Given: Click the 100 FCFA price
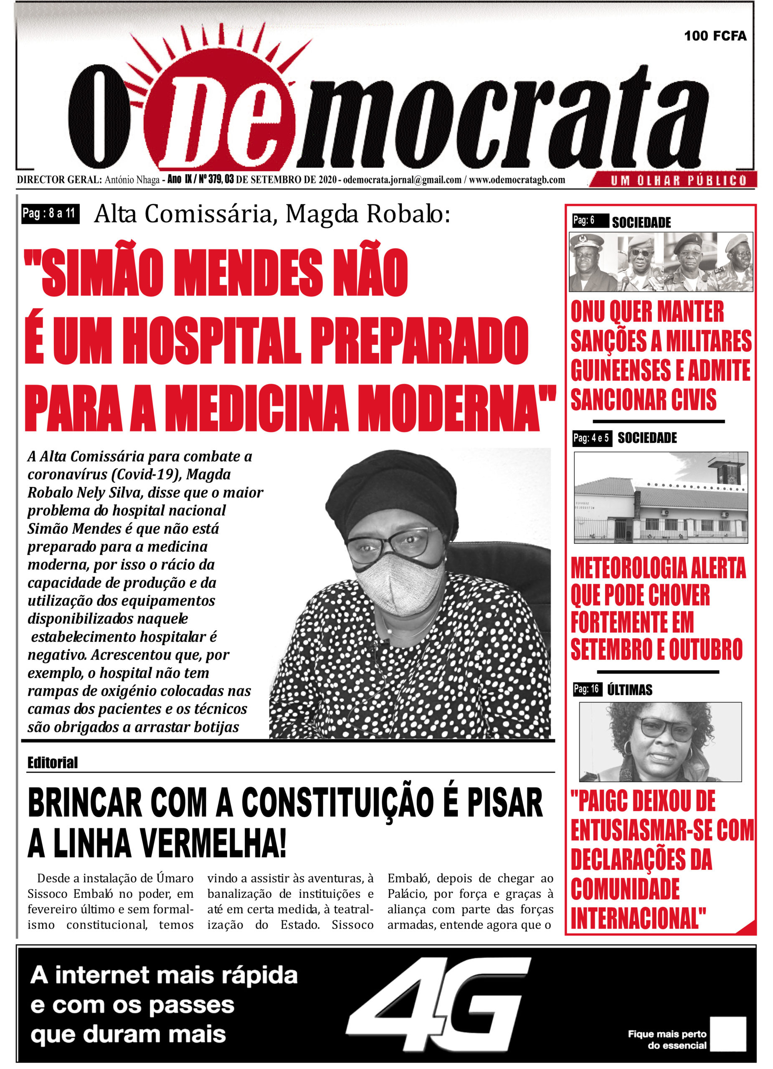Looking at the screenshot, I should [715, 36].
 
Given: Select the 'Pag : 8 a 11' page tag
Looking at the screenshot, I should [50, 214].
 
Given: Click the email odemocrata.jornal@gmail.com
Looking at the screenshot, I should [402, 180].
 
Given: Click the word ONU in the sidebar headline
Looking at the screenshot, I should [587, 312].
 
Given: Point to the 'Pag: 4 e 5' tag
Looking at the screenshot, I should [591, 438].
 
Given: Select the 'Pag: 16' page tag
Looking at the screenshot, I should [586, 689].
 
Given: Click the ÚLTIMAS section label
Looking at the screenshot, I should [629, 690].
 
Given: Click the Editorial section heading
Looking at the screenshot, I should [52, 762].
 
